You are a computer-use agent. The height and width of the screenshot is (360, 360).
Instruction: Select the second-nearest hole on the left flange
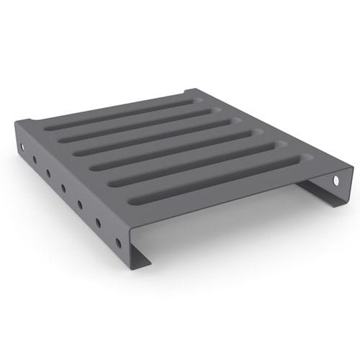click(x=98, y=222)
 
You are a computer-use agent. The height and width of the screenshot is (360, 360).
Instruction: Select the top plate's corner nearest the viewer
click(x=130, y=234)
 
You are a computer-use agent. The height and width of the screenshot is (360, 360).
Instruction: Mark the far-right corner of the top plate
click(x=353, y=167)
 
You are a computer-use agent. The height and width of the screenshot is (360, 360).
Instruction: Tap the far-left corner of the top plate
click(x=16, y=121)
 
